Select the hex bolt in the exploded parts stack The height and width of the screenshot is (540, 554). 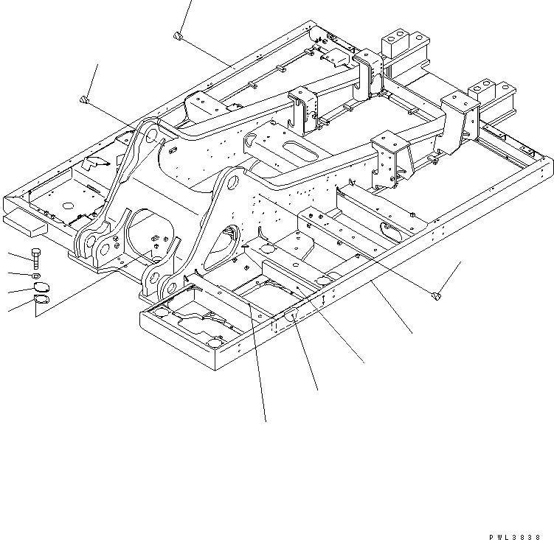pyautogui.click(x=37, y=259)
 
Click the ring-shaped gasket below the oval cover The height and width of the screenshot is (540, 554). pyautogui.click(x=42, y=301)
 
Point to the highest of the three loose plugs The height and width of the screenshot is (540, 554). pyautogui.click(x=178, y=35)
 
